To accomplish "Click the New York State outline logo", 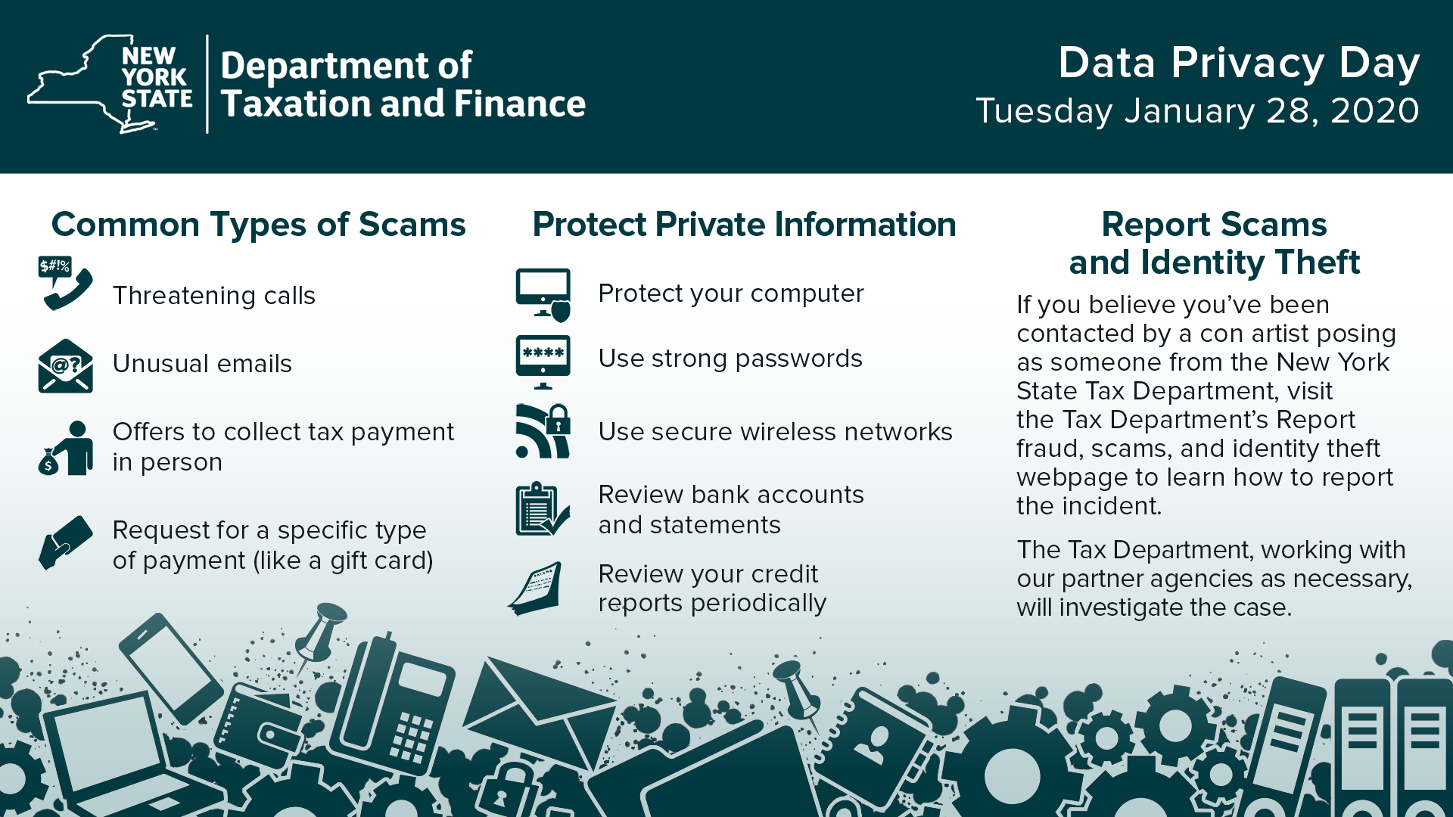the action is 110,84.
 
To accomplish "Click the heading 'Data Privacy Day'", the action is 1239,63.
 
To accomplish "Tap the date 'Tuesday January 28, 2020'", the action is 1197,111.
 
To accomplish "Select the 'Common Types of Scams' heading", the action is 258,225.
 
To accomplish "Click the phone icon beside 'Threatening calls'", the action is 65,283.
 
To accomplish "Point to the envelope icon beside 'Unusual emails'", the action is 65,366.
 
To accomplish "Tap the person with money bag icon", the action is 66,448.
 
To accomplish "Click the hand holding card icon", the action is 65,542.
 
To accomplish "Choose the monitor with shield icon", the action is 543,295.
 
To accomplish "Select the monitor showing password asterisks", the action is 543,362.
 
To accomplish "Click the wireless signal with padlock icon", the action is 543,431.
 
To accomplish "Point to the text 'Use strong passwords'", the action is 730,359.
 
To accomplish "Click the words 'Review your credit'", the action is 708,573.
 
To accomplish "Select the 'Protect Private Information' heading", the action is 745,225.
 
